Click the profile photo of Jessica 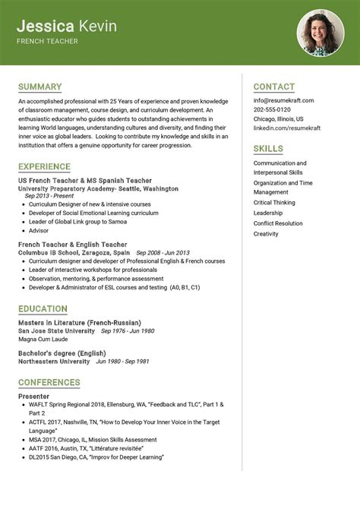[320, 33]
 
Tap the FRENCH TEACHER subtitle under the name [47, 41]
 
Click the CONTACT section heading [273, 87]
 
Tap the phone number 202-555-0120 [272, 109]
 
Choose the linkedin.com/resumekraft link [287, 128]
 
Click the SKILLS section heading [268, 149]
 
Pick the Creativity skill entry [266, 234]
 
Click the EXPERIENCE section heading [44, 166]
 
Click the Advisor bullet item [39, 230]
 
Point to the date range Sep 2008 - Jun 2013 [162, 252]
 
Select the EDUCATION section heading [43, 308]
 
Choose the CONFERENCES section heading [49, 382]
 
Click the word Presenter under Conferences [33, 396]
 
